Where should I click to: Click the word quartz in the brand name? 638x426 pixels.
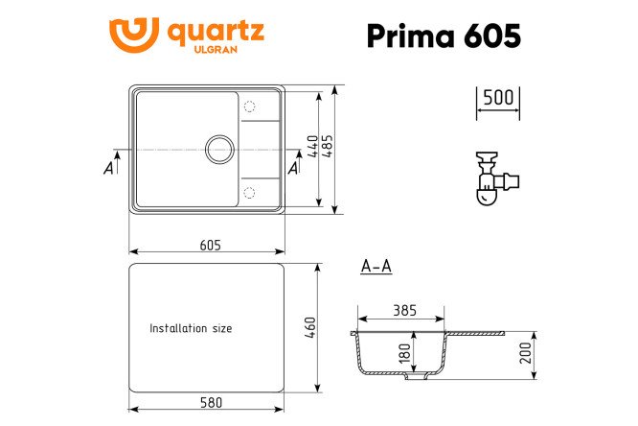tap(216, 32)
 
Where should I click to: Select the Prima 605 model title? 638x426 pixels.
tap(444, 35)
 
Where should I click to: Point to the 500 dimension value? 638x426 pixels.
tap(497, 97)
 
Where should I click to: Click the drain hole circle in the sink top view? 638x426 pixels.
tap(219, 150)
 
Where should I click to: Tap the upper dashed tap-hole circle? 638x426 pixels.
tap(251, 106)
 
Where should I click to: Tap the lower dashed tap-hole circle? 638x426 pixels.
tap(251, 193)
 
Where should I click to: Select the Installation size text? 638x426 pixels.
tap(191, 328)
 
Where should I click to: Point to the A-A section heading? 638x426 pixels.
tap(376, 267)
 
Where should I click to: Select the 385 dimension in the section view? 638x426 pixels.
tap(403, 311)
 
